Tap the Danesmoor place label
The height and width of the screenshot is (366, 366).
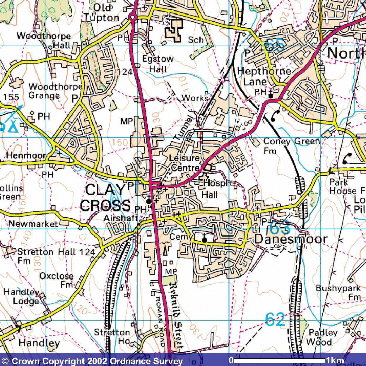point(291,239)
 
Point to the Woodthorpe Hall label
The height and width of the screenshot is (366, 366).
point(44,40)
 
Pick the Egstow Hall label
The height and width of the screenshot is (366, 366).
point(158,64)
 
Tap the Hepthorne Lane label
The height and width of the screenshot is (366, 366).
point(264,76)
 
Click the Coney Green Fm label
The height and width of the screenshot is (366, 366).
point(291,146)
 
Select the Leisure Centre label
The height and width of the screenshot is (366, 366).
point(184,163)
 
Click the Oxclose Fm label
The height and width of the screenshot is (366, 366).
point(57,280)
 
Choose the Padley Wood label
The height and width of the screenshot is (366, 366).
point(323,337)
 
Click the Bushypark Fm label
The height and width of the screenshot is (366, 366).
point(338,292)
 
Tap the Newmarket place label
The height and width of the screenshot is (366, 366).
point(33,224)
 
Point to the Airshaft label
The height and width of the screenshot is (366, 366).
point(121,218)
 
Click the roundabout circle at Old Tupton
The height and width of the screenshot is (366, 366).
point(133,18)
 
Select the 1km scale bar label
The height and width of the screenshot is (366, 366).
point(335,360)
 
